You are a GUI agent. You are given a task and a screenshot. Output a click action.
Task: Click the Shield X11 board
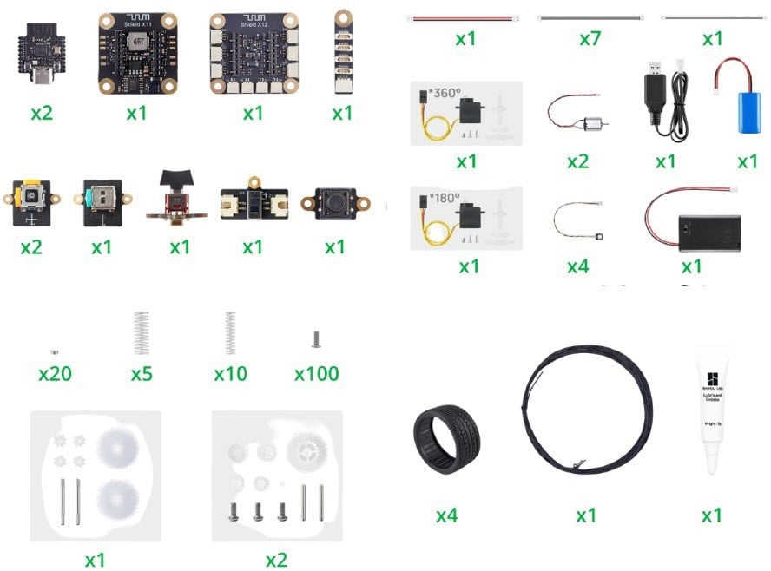(136, 54)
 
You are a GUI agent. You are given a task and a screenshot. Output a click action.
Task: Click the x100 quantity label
(316, 374)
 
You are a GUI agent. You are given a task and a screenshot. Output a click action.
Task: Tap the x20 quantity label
(55, 374)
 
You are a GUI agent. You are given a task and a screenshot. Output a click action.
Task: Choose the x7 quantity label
(590, 39)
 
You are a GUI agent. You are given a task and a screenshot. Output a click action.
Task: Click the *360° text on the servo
(445, 93)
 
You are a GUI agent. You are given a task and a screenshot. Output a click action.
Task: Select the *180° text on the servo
(445, 197)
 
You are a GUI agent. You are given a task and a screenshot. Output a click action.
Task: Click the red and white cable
(465, 17)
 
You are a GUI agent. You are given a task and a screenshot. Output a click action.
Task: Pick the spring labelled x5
(142, 333)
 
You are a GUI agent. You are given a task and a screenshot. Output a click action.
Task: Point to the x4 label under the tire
(446, 515)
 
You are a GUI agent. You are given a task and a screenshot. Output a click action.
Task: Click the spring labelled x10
(230, 333)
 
